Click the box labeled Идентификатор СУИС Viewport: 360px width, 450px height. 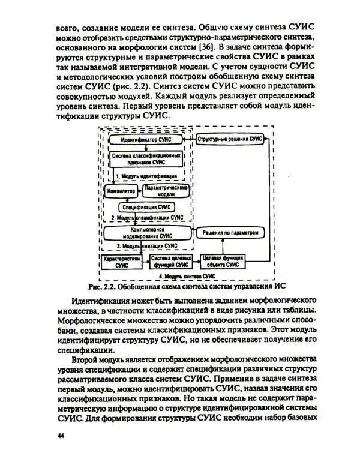(146, 139)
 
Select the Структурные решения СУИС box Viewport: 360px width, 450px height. (230, 139)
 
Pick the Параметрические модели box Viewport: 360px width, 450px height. (166, 191)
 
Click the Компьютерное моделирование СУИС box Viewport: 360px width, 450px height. (146, 233)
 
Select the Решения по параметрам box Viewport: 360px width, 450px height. (230, 233)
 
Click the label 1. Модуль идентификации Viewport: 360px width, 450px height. (146, 176)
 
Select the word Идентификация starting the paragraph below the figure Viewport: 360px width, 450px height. (100, 300)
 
